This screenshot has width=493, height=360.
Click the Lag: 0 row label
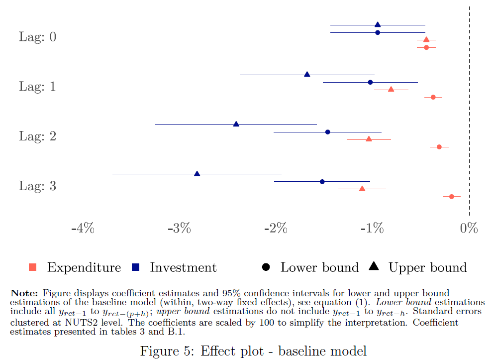pyautogui.click(x=38, y=37)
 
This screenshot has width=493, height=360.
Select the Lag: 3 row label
pyautogui.click(x=38, y=186)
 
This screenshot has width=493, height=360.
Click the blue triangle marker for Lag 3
pyautogui.click(x=197, y=174)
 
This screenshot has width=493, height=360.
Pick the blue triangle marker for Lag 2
pyautogui.click(x=236, y=124)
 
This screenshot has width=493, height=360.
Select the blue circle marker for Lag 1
pyautogui.click(x=370, y=82)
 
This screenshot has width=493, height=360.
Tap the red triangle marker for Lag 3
pyautogui.click(x=362, y=189)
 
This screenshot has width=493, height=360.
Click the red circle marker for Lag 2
pyautogui.click(x=439, y=147)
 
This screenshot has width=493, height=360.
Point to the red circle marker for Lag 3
pyautogui.click(x=452, y=197)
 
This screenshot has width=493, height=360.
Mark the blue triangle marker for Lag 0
pyautogui.click(x=378, y=24)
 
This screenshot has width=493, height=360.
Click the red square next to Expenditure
pyautogui.click(x=33, y=267)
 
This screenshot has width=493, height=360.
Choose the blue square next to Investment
pyautogui.click(x=135, y=267)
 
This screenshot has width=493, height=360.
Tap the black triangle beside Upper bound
pyautogui.click(x=374, y=267)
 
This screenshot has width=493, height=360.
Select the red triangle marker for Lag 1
pyautogui.click(x=391, y=89)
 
